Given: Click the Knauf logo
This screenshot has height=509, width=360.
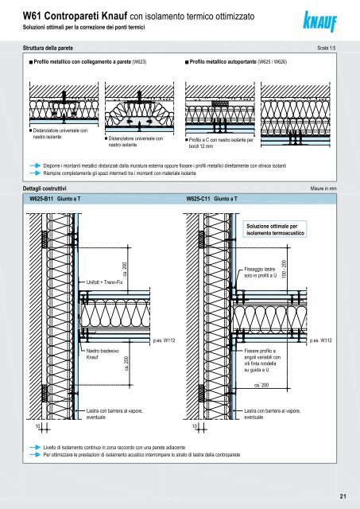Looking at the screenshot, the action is pos(319,21).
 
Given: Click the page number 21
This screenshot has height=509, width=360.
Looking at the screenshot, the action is pos(343,496).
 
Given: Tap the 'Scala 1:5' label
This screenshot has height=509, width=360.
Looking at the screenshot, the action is pos(327,48).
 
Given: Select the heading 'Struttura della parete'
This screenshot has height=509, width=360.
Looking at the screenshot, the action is pos(48,48).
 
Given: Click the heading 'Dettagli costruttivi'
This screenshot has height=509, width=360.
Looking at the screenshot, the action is pos(45,188).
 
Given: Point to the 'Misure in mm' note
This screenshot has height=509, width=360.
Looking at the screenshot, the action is pos(323,188).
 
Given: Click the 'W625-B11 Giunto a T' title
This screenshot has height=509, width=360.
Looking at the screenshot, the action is pos(55,199).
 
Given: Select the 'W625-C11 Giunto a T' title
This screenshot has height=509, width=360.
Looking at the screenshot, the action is pos(211,199).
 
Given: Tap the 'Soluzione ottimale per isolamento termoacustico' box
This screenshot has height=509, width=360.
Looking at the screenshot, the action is pos(275,230).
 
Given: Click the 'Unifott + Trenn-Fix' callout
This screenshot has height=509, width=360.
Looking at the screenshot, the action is pos(104,282).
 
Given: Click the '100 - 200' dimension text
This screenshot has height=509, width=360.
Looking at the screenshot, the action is pos(285,269).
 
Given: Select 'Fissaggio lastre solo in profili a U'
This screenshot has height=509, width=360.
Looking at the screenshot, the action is pos(261,272).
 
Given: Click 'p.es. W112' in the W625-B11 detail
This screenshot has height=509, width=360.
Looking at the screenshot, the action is pos(165,340).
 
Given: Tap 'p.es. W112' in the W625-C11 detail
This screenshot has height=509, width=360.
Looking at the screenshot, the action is pos(321,340).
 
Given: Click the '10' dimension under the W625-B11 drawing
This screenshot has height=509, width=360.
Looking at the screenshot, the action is pos(37,426).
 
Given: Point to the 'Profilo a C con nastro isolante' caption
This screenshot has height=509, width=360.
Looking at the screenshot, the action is pos(221,143).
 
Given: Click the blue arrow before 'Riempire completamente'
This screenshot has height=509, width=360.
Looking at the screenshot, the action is pos(35,173).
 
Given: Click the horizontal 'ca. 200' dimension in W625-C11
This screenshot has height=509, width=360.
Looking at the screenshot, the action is pos(261,385).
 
